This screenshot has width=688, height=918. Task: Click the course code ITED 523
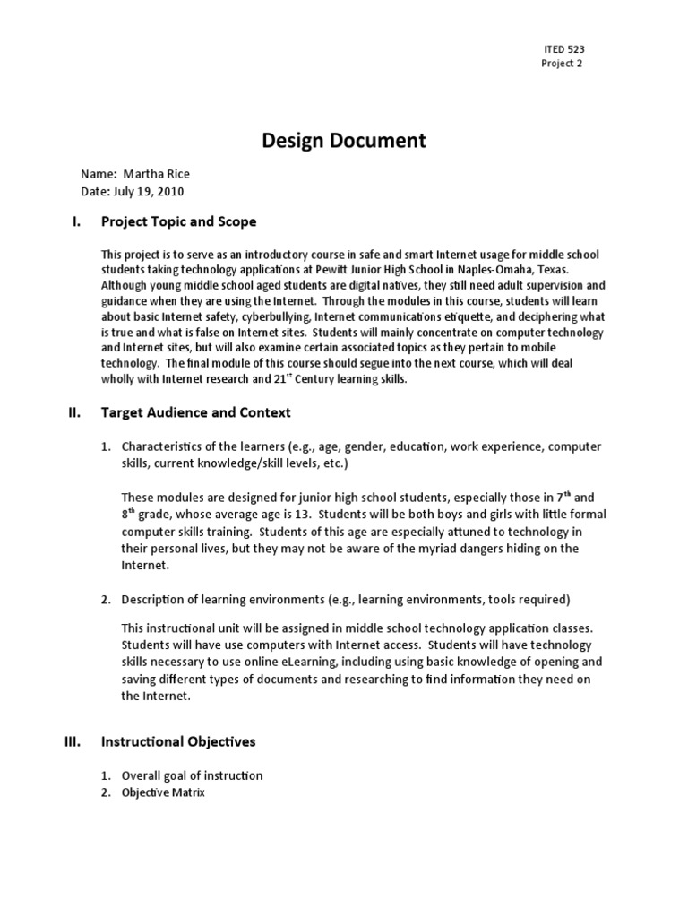(563, 49)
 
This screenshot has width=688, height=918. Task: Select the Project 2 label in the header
(562, 64)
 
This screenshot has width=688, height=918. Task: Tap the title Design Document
(343, 140)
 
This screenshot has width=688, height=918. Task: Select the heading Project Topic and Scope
(178, 221)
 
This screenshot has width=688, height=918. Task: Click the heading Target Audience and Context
(195, 412)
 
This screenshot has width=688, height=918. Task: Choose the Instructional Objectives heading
(178, 741)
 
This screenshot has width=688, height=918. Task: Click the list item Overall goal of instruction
(192, 775)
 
